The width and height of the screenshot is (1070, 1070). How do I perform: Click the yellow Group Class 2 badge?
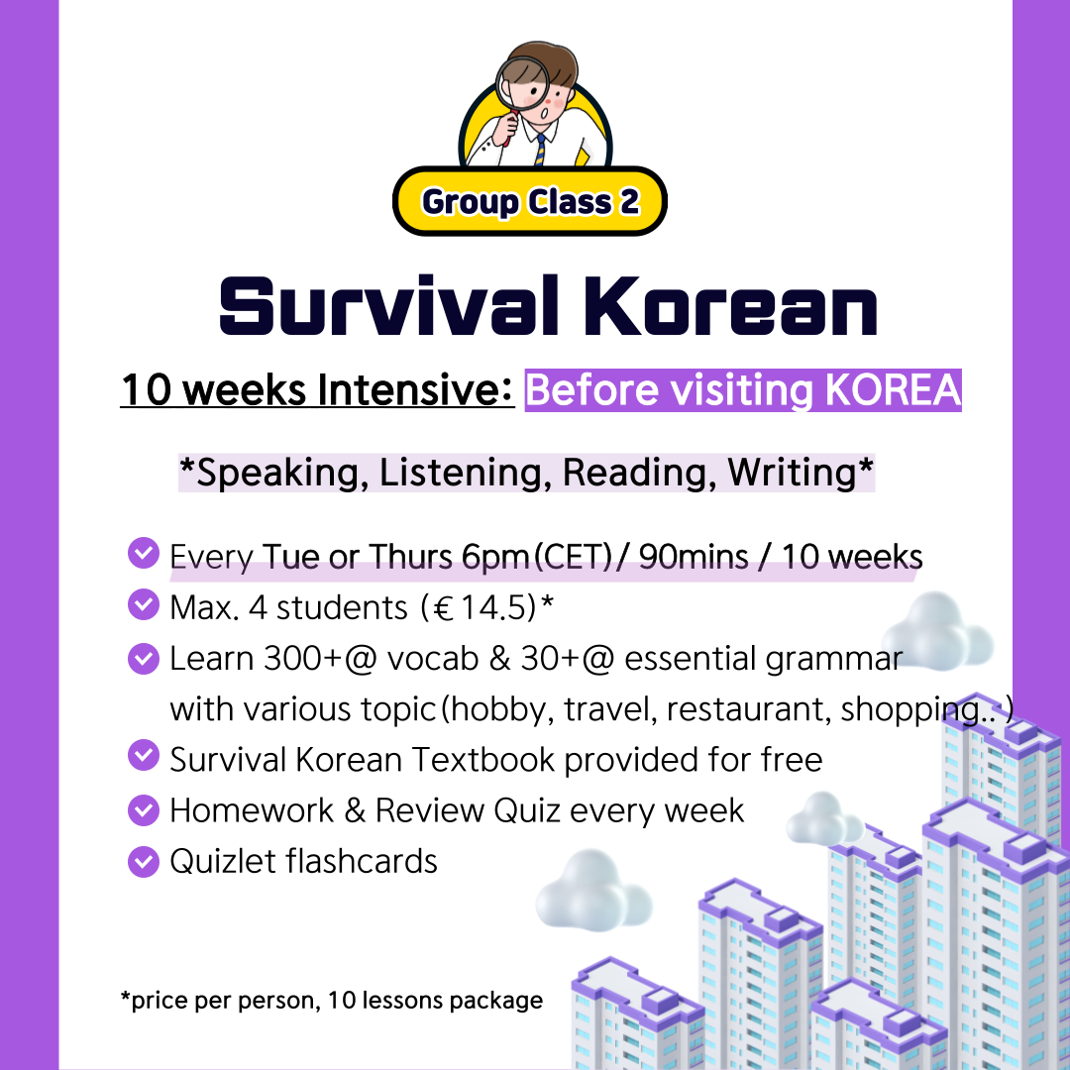[530, 202]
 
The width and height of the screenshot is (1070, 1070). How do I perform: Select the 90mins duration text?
[694, 557]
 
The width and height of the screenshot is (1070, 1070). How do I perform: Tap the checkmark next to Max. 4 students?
[144, 605]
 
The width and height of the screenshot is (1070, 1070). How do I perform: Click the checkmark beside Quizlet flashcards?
[144, 861]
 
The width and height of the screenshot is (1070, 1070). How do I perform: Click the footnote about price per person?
[331, 1000]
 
